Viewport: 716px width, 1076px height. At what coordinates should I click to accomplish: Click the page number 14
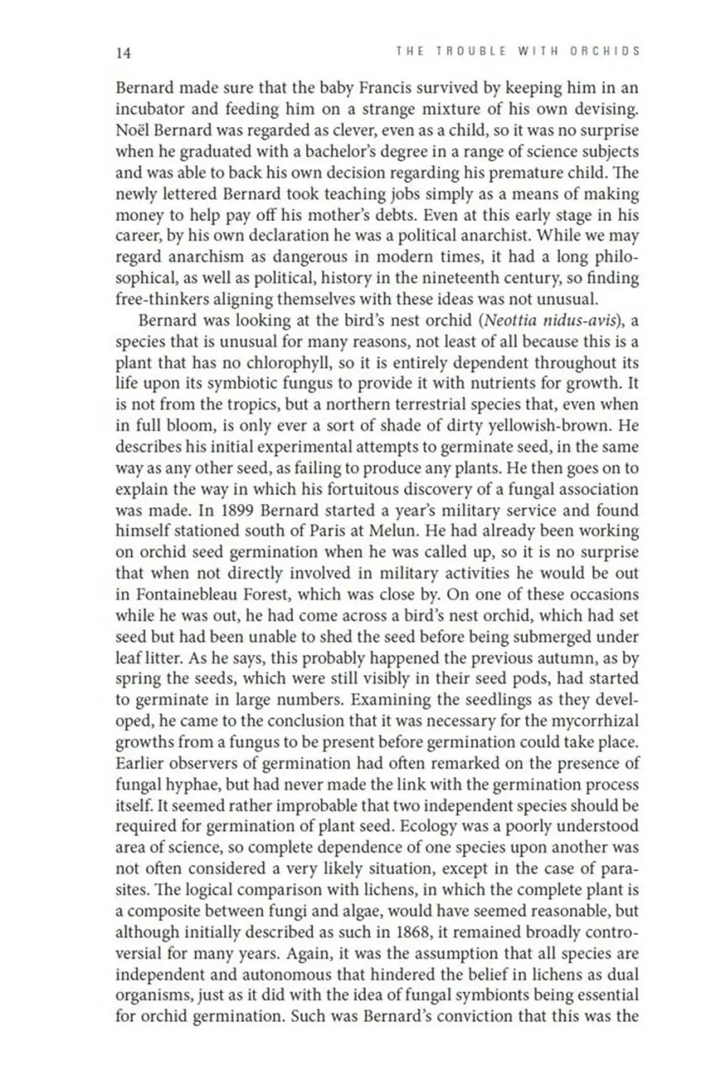[123, 52]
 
